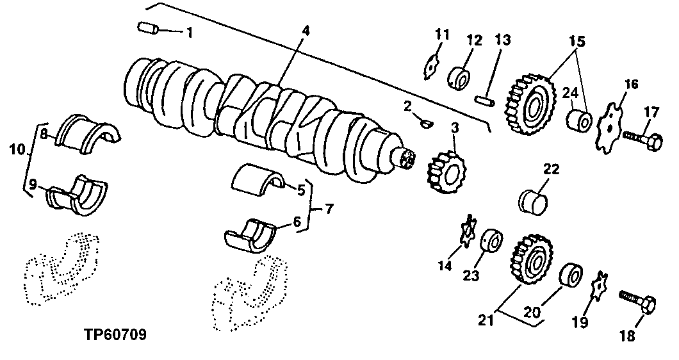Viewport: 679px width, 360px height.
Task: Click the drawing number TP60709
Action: tap(115, 334)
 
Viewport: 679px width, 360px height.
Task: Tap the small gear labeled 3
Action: tap(446, 172)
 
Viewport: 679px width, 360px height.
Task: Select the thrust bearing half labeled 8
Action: tap(88, 133)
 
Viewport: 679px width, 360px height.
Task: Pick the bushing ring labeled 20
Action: tap(569, 275)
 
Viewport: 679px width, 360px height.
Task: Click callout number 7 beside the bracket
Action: tap(329, 209)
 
